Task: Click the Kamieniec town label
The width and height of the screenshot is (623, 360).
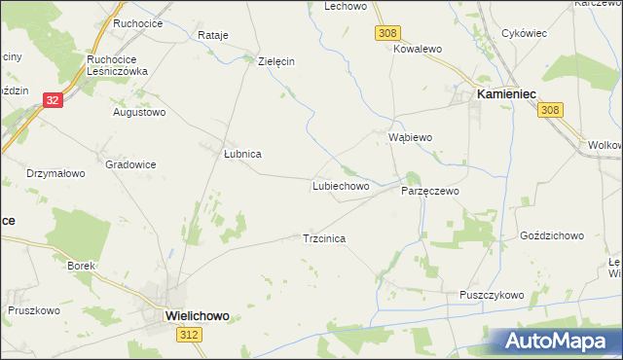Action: click(x=506, y=93)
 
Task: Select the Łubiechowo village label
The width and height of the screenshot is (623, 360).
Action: click(x=340, y=185)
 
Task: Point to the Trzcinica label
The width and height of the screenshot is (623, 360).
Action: click(x=325, y=237)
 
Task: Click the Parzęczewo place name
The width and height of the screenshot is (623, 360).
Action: click(x=429, y=192)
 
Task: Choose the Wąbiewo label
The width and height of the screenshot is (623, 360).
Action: click(x=410, y=137)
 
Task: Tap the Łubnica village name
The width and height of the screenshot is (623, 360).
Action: click(x=242, y=154)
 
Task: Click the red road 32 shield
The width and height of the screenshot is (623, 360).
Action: click(x=53, y=99)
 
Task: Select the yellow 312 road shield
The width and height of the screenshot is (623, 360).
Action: click(x=191, y=334)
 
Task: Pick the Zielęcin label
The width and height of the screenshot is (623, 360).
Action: click(x=275, y=60)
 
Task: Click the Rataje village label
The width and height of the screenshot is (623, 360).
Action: click(x=212, y=35)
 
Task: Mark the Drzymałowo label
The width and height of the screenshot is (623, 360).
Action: click(x=55, y=173)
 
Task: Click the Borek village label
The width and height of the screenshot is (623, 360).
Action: click(x=81, y=265)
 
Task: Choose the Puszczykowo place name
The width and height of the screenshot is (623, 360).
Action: click(x=492, y=295)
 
